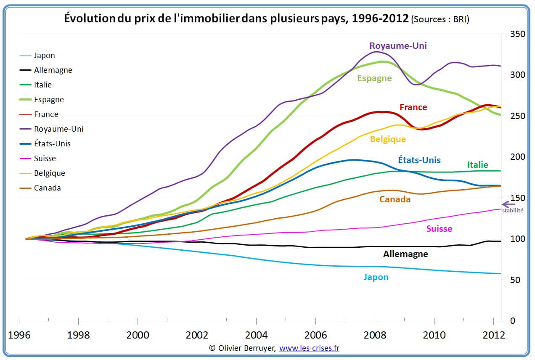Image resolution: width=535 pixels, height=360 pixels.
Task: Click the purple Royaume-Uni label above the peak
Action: pos(398,46)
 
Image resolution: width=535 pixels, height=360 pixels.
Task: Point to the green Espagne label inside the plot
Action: pos(374,78)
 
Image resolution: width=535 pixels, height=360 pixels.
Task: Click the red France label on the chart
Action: pos(413,107)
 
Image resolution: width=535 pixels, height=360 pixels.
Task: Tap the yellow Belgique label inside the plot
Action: pos(388,139)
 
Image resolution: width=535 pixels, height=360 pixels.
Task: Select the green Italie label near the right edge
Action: pos(477,165)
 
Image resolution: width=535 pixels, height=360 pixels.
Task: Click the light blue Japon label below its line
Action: pos(376,277)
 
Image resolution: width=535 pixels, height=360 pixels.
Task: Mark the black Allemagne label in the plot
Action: pos(405,254)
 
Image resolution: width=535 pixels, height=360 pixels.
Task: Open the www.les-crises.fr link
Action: pos(309,348)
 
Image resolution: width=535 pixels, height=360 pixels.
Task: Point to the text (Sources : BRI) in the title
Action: pos(440,19)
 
